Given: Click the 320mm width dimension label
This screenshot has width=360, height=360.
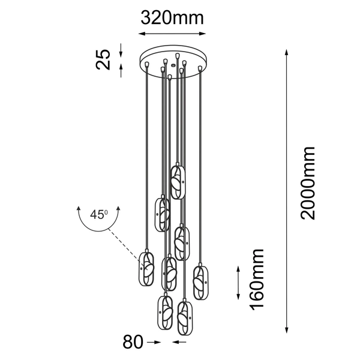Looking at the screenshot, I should pyautogui.click(x=172, y=18).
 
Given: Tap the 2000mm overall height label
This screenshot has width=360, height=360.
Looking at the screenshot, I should pyautogui.click(x=308, y=183).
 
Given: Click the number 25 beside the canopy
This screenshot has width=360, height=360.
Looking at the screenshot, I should pyautogui.click(x=104, y=59).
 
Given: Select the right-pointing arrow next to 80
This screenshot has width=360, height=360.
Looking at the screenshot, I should pyautogui.click(x=154, y=343).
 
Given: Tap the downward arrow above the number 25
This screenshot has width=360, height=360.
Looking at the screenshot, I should pyautogui.click(x=122, y=48).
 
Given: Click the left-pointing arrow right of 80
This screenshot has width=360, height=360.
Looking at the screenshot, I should pyautogui.click(x=179, y=343).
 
